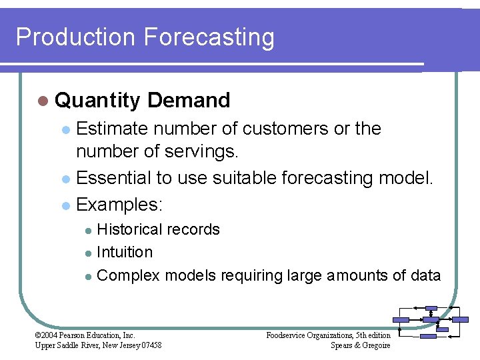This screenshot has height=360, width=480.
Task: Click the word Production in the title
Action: tap(75, 37)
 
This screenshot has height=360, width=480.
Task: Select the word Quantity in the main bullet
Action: tap(98, 101)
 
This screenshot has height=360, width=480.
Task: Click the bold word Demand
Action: tap(189, 101)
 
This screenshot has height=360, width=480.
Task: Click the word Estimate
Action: tap(116, 128)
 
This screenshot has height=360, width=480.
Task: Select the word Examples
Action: tap(119, 203)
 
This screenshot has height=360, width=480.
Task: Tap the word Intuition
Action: tap(125, 252)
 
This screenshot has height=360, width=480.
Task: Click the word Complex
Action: tap(128, 275)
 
